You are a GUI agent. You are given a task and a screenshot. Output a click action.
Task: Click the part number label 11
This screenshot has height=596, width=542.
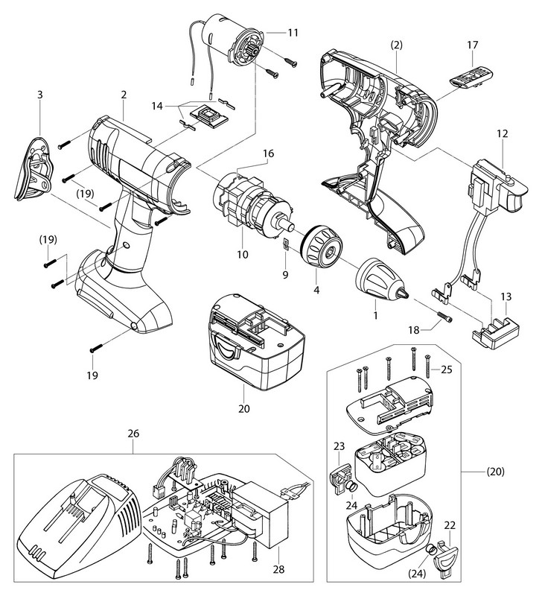tap(293, 33)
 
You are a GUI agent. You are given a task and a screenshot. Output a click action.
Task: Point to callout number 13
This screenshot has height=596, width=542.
tap(506, 297)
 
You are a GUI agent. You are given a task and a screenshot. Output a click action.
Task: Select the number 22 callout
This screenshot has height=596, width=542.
tap(450, 526)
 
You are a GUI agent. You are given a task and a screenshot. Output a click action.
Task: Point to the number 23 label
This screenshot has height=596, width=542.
tap(339, 447)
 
